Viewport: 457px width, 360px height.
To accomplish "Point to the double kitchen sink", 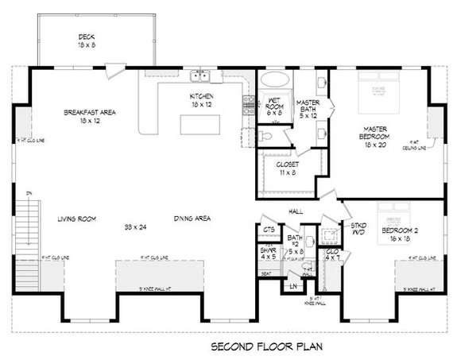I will [200, 76].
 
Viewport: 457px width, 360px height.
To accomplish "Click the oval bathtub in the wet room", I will [276, 81].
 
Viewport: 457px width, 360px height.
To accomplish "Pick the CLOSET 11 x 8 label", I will [288, 168].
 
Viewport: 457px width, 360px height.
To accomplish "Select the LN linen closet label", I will [293, 284].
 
